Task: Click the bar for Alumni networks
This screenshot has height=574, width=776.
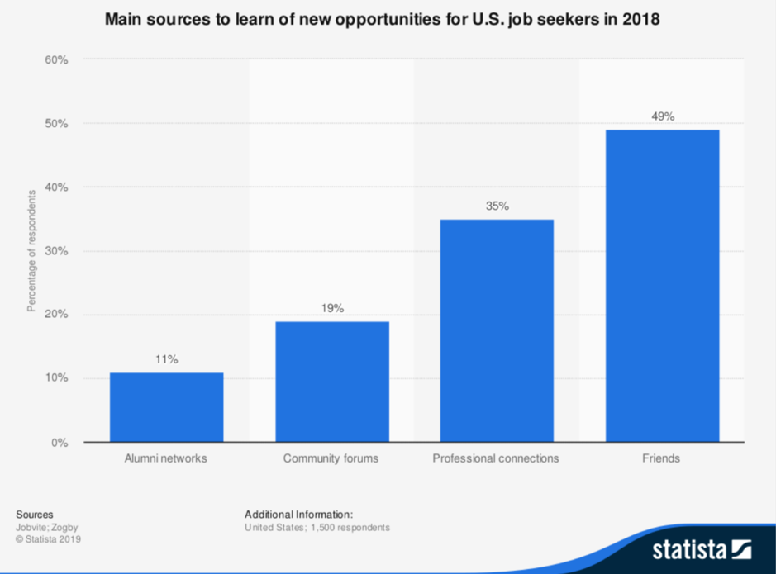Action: pos(166,407)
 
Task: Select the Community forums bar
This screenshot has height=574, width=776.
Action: pos(331,382)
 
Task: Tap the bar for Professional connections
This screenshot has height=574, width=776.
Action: pos(497,330)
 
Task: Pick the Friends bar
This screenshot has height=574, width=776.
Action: pos(662,286)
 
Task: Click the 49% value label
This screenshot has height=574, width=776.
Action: pos(662,116)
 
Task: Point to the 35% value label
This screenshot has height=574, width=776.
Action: pos(497,206)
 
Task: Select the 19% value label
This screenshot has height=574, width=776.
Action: pos(331,308)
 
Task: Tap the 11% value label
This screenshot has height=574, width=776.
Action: pos(166,359)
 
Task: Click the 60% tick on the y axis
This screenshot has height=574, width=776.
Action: pos(55,60)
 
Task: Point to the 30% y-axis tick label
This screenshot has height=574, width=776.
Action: pos(55,251)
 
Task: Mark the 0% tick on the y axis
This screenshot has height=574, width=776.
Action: pos(59,443)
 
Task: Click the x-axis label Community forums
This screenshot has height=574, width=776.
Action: pos(331,458)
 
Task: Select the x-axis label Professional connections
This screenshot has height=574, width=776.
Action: pos(496,458)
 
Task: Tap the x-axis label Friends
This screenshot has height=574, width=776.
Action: pos(661,458)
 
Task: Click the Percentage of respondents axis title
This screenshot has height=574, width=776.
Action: pos(31,250)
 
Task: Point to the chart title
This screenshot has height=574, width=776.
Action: pos(382,20)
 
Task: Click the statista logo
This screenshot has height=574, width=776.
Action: pos(702,548)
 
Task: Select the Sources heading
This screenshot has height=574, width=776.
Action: pos(35,514)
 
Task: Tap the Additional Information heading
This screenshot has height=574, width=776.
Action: pos(298,514)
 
